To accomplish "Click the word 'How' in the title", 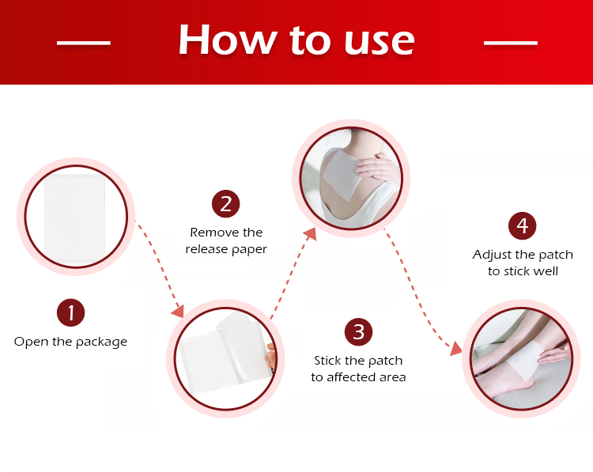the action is [x=227, y=40].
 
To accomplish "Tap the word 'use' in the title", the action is [x=379, y=44].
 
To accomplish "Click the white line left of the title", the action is [x=84, y=43].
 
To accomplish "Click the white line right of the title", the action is [x=511, y=43].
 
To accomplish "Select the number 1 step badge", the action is [x=70, y=312].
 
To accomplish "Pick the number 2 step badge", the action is [x=226, y=203].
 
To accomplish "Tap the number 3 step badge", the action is [x=358, y=332].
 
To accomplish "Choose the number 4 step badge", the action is [x=523, y=225].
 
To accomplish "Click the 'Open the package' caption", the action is [x=70, y=342].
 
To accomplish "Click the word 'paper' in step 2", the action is [x=249, y=250].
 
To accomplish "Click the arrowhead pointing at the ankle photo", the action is [x=456, y=349].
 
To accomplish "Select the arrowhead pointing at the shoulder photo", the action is [x=311, y=234].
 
